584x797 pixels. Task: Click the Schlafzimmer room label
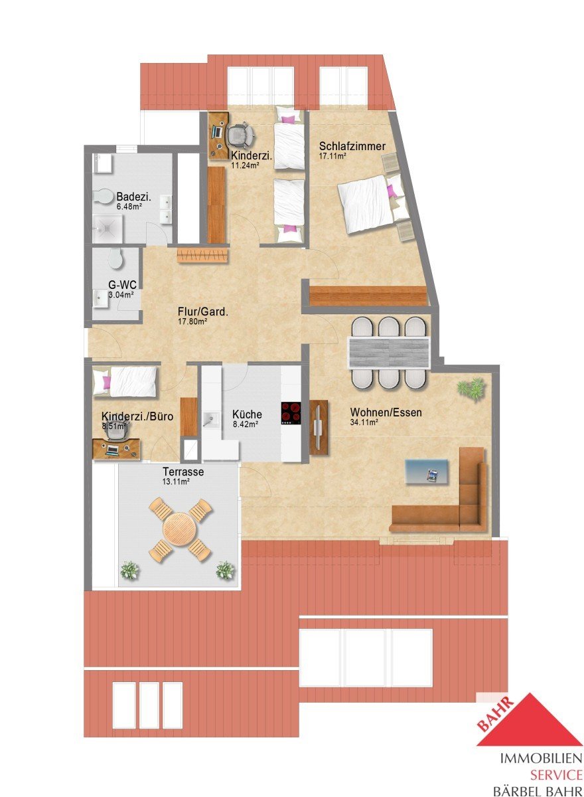[x=352, y=146]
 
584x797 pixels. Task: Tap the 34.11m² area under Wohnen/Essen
[x=364, y=422]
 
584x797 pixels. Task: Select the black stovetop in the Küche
[x=291, y=413]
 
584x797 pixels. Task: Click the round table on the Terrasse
[x=180, y=529]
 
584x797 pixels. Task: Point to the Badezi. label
[x=133, y=197]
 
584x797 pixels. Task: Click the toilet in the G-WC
[x=115, y=258]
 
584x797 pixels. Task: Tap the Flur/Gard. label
[x=202, y=312]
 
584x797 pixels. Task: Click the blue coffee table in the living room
[x=427, y=472]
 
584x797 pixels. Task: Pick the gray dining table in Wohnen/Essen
[x=388, y=353]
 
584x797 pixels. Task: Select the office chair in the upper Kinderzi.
[x=241, y=134]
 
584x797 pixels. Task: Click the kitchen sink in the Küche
[x=211, y=418]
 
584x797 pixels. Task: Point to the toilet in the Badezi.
[x=102, y=197]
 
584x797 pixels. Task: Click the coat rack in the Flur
[x=202, y=256]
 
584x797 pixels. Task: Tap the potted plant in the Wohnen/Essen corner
[x=471, y=388]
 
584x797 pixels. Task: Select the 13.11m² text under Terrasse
[x=176, y=482]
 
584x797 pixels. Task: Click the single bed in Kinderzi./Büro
[x=125, y=381]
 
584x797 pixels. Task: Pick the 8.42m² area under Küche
[x=246, y=424]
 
